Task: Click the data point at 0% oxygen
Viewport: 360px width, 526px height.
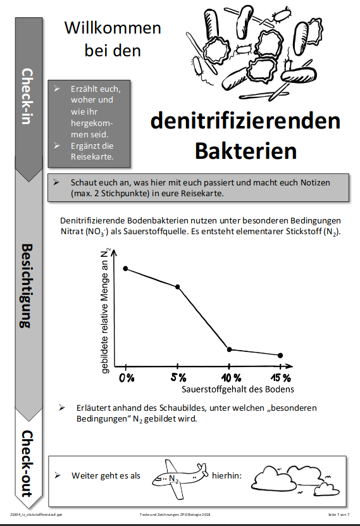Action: pyautogui.click(x=125, y=268)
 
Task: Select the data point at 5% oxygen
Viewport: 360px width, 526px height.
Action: pyautogui.click(x=178, y=287)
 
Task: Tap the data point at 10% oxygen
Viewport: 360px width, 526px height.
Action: pyautogui.click(x=230, y=349)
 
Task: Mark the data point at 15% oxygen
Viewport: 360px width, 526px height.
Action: pyautogui.click(x=280, y=355)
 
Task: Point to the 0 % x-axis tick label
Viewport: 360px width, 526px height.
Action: pyautogui.click(x=126, y=378)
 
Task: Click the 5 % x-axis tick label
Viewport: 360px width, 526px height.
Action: pyautogui.click(x=178, y=378)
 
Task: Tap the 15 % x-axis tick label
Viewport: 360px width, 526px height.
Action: pyautogui.click(x=282, y=378)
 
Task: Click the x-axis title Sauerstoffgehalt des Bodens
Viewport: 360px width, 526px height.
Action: pyautogui.click(x=239, y=389)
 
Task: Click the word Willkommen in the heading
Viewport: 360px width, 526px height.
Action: pyautogui.click(x=113, y=28)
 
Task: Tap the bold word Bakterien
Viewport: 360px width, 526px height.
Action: pyautogui.click(x=245, y=150)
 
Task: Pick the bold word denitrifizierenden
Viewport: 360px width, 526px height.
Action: pyautogui.click(x=245, y=121)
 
